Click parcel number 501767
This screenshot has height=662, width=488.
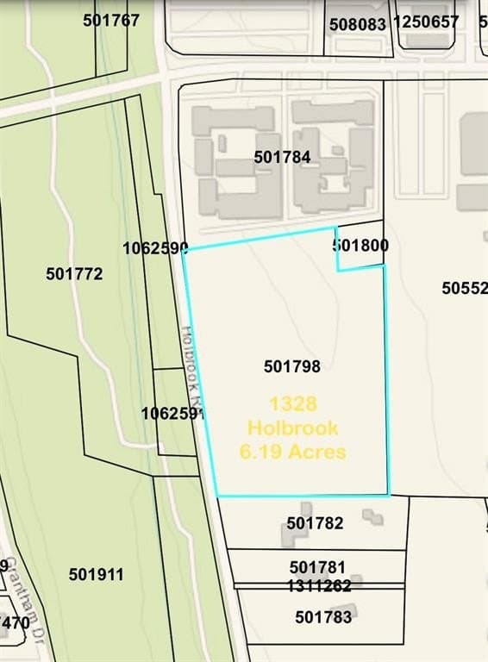[111, 20]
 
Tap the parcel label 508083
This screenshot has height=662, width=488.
[358, 24]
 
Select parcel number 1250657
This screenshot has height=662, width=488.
[426, 21]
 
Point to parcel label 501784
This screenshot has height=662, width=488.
[282, 157]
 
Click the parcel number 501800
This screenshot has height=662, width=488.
[360, 245]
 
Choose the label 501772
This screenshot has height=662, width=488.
[74, 273]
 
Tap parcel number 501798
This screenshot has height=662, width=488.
[292, 366]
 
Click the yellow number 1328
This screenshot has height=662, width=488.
[292, 403]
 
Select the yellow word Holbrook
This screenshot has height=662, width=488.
[292, 428]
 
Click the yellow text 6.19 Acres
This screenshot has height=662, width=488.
[292, 451]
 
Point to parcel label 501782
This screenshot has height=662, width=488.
[315, 522]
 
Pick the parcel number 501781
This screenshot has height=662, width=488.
[317, 567]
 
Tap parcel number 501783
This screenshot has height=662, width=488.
[323, 616]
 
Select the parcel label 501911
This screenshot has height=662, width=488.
[97, 574]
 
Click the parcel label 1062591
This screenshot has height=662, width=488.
[173, 413]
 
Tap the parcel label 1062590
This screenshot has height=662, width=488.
[155, 247]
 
